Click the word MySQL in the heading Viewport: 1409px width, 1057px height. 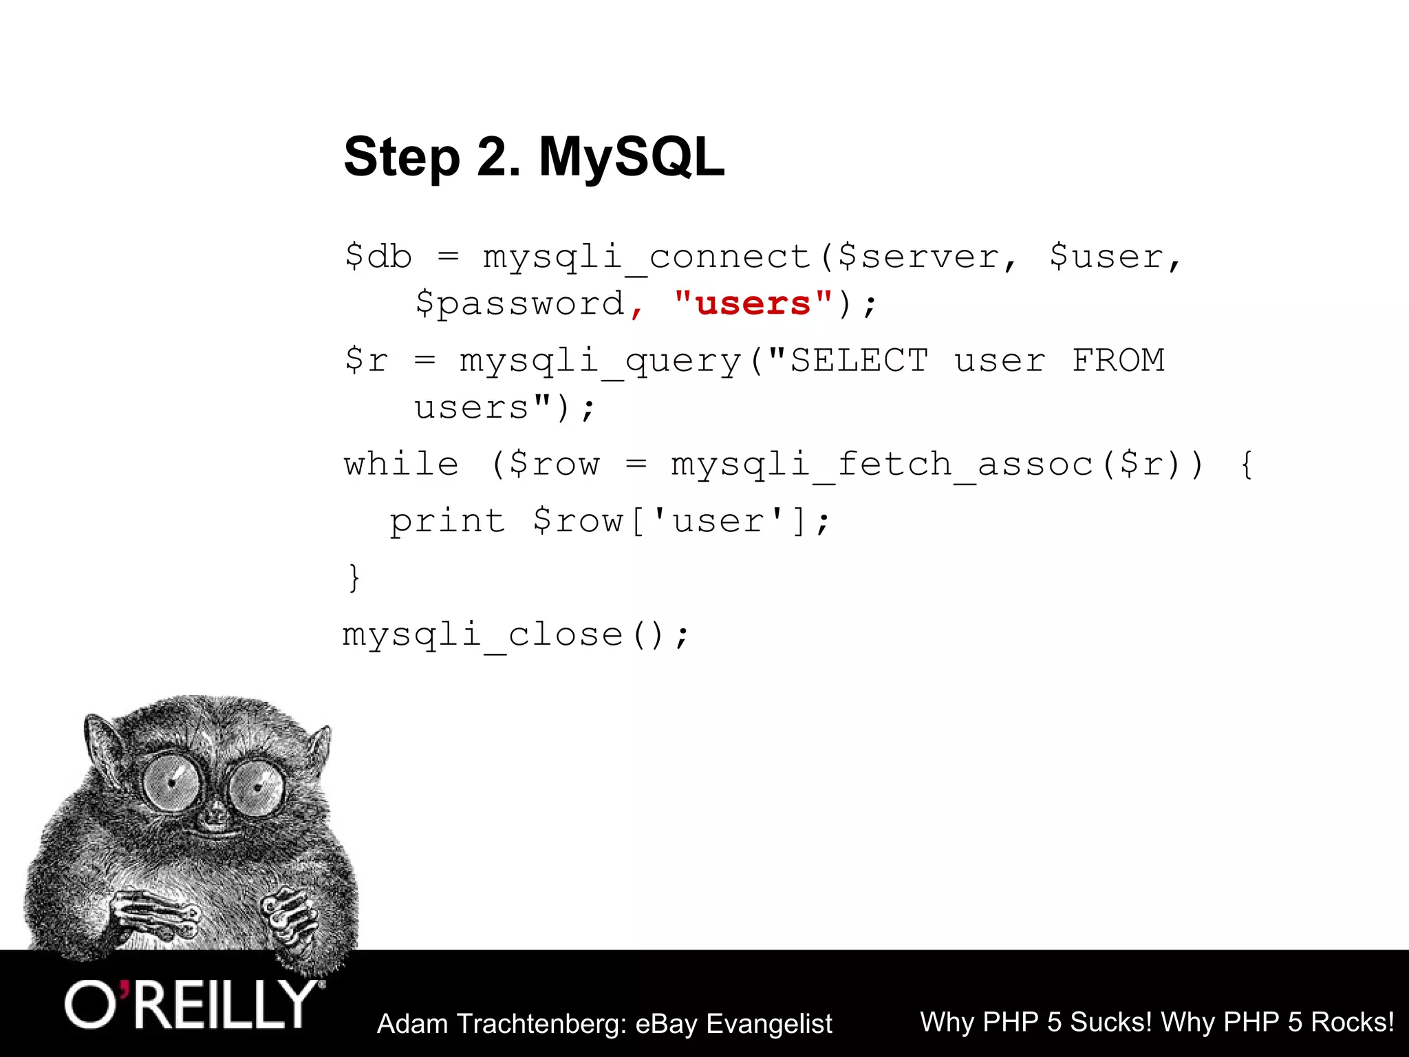coord(631,157)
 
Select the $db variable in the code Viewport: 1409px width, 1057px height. coord(378,257)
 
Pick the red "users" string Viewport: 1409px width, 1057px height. coord(753,303)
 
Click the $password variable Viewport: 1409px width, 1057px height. coord(520,304)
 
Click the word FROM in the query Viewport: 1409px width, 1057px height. coord(1118,361)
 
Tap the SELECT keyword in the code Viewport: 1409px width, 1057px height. coord(859,361)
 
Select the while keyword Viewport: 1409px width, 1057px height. coord(401,465)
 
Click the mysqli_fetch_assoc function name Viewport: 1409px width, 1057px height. coord(882,465)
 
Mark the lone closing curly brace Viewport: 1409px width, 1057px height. coord(354,577)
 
